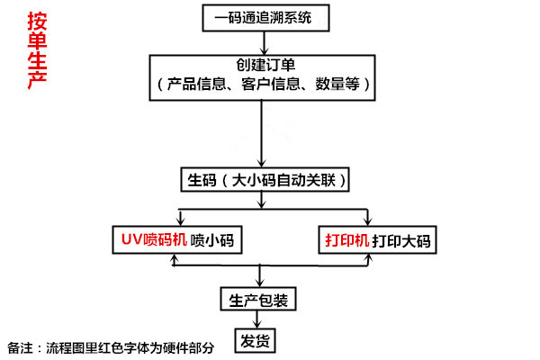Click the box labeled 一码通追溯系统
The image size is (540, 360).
pos(261,16)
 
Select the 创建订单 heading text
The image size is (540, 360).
pos(261,66)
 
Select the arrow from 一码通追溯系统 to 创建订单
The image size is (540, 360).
pos(262,40)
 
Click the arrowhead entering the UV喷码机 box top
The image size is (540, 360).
pos(180,221)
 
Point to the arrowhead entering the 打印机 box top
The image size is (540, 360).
pos(366,221)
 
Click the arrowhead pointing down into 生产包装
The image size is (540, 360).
pos(259,283)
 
